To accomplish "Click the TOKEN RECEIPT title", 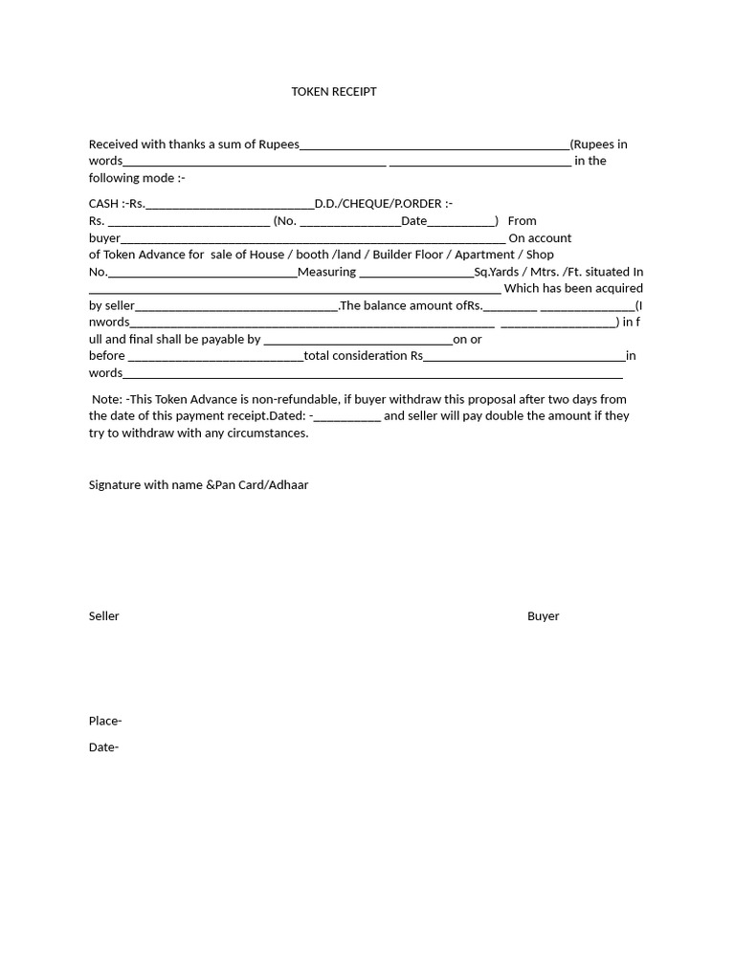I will coord(334,92).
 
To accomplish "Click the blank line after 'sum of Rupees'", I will coord(434,145).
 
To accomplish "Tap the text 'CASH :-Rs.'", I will coord(117,204).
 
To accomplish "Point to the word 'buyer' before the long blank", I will coord(104,238).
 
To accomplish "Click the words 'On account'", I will coord(540,238).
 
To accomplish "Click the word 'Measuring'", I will coord(326,272).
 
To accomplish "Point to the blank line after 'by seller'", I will coord(236,306).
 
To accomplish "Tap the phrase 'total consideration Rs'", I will coord(363,356).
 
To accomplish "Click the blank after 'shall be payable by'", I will coord(357,340).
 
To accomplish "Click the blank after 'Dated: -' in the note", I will coord(347,417).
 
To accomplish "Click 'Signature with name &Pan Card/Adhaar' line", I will coord(198,485).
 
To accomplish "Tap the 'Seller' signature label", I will coord(104,616).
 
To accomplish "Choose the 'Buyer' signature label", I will coord(543,616).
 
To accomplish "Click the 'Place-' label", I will coord(105,722).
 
